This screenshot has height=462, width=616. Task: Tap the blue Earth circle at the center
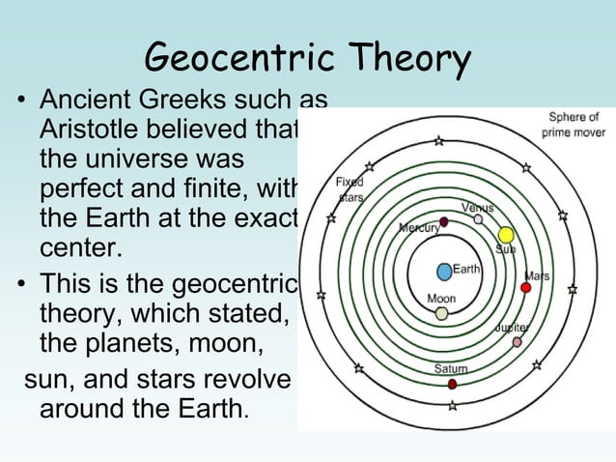[443, 272]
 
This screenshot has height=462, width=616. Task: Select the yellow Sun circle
[505, 235]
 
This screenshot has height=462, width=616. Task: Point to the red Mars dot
[526, 288]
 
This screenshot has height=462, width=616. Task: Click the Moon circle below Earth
[441, 313]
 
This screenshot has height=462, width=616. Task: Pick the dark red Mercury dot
[443, 222]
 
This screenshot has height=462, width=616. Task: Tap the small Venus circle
[478, 219]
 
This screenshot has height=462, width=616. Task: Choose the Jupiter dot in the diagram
[517, 342]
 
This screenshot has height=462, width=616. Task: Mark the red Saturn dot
[452, 384]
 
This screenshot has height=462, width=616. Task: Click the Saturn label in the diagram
[451, 369]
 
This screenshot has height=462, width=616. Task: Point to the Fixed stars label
[350, 189]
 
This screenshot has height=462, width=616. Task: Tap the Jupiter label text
[511, 328]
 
